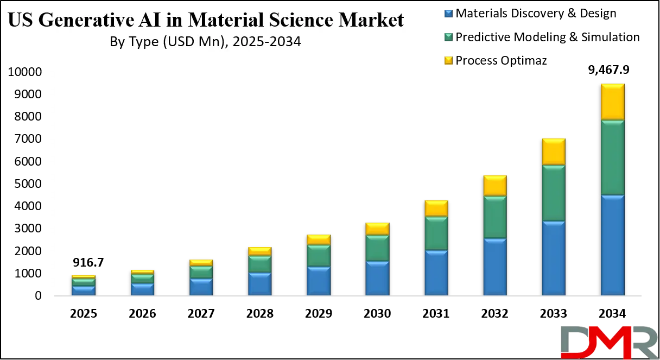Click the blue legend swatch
pos(449,13)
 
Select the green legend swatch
pos(449,37)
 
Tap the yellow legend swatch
pos(449,60)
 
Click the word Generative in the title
pos(88,21)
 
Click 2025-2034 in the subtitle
pos(266,42)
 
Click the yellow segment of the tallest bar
pos(612,102)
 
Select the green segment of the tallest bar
pos(612,157)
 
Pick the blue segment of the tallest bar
pos(612,245)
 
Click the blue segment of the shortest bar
pos(84,290)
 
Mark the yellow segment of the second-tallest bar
pos(554,152)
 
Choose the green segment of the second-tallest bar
pos(554,193)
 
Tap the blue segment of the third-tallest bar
pos(495,267)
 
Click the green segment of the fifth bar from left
pos(319,256)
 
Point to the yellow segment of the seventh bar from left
pos(436,209)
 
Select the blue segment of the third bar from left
pos(201,287)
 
